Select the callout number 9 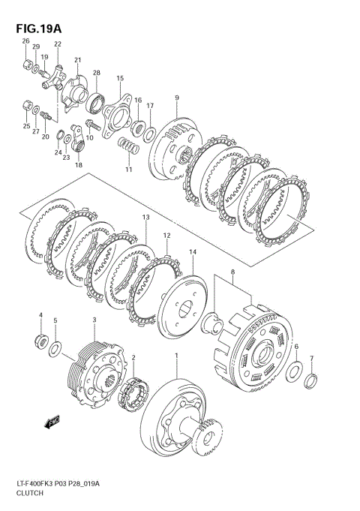177,98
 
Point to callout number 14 193,252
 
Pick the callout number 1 177,355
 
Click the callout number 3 94,320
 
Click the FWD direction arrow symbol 53,422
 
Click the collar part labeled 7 311,381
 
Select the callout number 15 119,78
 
